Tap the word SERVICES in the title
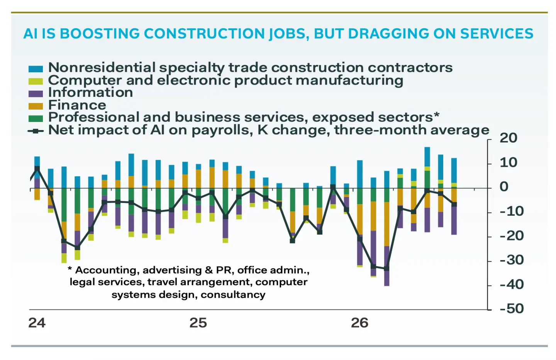coord(497,34)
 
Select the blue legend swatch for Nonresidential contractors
coord(36,69)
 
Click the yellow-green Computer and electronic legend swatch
coord(36,81)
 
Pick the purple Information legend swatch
coord(36,93)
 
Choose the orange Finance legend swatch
coord(36,106)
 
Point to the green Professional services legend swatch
coord(36,118)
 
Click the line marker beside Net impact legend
coord(36,131)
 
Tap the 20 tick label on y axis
coord(509,138)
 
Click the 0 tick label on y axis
coord(504,187)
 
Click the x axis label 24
coord(37,323)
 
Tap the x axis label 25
coord(198,323)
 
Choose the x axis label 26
coord(360,323)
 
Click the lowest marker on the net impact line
coord(387,269)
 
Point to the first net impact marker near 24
coord(37,169)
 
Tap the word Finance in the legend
coord(77,105)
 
